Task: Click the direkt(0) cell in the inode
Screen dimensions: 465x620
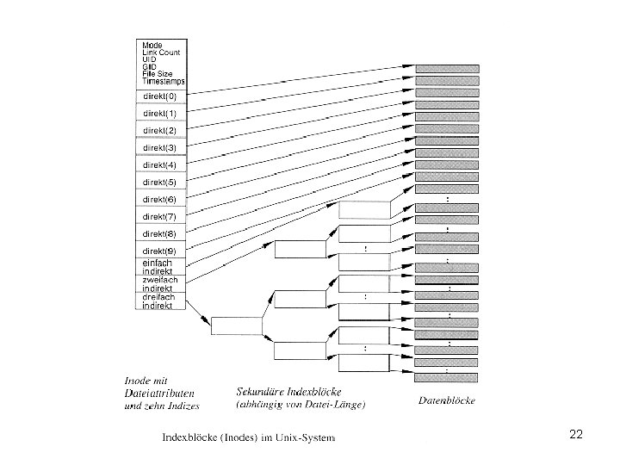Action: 159,96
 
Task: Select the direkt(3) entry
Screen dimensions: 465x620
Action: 159,147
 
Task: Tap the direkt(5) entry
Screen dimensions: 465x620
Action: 159,182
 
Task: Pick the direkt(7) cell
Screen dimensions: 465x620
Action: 159,216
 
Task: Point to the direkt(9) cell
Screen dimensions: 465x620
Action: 159,251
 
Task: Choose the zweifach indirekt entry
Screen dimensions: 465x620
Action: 159,283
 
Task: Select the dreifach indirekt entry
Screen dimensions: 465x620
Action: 159,301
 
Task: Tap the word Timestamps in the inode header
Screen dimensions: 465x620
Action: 164,80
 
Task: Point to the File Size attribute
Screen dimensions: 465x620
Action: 158,73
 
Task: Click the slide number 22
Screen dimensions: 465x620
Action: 576,435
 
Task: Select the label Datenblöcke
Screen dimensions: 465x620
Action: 446,400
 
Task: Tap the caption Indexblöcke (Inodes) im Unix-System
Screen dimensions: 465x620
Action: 249,437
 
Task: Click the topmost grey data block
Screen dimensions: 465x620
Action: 448,69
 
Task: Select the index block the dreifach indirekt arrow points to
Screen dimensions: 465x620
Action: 236,325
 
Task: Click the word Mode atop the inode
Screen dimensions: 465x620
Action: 152,45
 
